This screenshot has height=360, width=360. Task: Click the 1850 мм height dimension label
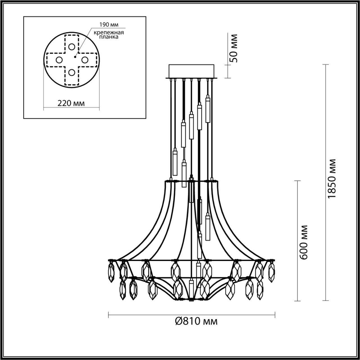coord(332,179)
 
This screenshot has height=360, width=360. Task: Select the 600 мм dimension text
coord(304,242)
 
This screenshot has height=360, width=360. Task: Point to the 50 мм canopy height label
coord(234,48)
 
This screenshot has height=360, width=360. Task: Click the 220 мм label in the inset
coord(71,104)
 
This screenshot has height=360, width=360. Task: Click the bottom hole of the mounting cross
coord(72,73)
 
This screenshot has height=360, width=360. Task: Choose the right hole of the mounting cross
coord(85,60)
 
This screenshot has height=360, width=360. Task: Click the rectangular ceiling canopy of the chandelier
coord(192,71)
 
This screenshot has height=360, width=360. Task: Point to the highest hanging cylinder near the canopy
coord(208,109)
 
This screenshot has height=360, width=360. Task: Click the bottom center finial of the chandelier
coord(191,299)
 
